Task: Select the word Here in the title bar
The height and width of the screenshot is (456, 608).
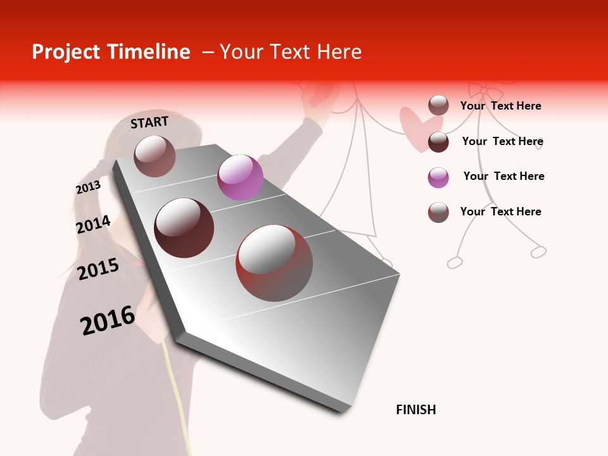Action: coord(339,52)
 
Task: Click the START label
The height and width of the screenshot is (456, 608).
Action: coord(149,122)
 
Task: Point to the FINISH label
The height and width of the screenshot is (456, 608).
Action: coord(415,410)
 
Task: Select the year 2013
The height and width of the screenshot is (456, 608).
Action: coord(88,187)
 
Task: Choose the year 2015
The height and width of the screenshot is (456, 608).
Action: coord(98,270)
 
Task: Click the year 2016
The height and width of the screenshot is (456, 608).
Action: coord(108,320)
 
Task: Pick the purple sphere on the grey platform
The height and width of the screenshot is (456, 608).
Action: coord(240,177)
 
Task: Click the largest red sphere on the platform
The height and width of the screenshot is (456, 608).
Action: coord(274,263)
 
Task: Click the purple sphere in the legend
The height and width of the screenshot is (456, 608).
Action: coord(438,177)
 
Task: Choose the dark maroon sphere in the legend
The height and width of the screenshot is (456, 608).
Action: coord(438,142)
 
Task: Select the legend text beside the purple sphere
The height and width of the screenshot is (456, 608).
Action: coord(503,176)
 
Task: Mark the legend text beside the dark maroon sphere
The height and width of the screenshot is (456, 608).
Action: coord(502,141)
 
